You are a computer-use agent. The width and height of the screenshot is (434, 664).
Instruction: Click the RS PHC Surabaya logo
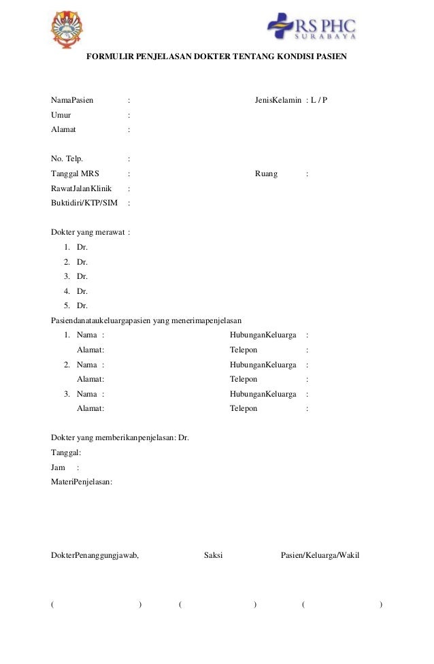click(311, 27)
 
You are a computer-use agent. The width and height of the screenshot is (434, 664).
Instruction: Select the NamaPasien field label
click(73, 100)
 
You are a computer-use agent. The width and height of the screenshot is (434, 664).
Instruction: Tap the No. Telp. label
click(67, 159)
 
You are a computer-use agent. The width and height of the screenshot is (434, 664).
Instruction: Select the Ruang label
click(266, 173)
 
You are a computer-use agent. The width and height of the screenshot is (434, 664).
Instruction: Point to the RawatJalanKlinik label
click(82, 188)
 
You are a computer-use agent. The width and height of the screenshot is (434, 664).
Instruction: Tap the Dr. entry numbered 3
click(82, 276)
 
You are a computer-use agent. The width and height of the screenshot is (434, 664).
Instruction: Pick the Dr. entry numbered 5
click(82, 305)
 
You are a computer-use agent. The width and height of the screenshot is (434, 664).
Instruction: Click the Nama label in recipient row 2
click(86, 365)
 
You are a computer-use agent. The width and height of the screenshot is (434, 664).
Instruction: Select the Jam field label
click(59, 467)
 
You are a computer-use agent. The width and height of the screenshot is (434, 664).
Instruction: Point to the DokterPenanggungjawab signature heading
click(95, 555)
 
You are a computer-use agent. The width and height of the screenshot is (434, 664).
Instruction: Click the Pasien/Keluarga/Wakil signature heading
click(320, 555)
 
